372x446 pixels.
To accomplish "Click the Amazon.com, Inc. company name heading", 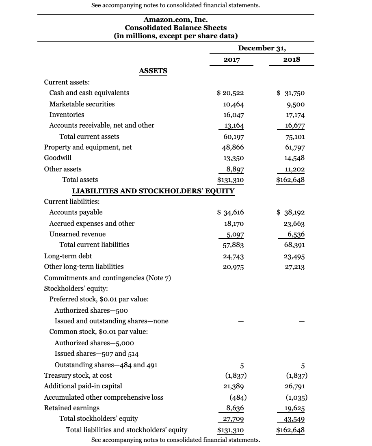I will click(175, 19).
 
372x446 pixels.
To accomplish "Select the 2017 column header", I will click(231, 60).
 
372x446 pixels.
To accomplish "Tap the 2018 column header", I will click(292, 59).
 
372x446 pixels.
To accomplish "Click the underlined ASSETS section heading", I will click(153, 71).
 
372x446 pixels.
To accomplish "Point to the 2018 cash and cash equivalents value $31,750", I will click(291, 93).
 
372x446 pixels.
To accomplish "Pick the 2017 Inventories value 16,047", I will click(234, 115).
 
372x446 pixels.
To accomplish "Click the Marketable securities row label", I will click(82, 104).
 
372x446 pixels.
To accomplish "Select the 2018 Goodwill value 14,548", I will click(294, 158).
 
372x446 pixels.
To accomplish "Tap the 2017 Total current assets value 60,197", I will click(234, 137).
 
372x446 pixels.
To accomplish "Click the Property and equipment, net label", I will click(88, 147).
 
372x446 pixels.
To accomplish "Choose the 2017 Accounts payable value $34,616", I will click(231, 212).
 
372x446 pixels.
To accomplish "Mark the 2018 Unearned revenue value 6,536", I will click(296, 234).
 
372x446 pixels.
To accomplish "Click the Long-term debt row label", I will click(68, 256).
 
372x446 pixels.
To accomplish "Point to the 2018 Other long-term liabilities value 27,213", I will click(294, 267).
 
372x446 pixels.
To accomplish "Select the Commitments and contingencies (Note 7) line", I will click(107, 278).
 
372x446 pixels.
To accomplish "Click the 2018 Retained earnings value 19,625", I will click(294, 408).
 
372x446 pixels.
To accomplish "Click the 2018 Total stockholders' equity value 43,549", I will click(294, 419).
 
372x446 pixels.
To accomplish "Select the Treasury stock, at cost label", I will click(78, 375).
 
